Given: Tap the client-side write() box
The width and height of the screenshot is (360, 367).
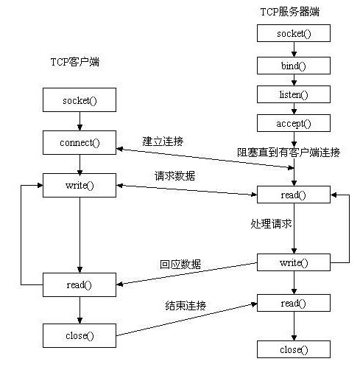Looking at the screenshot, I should point(80,185).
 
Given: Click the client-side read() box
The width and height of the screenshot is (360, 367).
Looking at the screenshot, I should point(80,284).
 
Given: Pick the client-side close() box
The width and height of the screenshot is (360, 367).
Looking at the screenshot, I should point(80,335).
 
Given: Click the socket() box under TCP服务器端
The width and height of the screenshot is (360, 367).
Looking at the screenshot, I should point(294,33).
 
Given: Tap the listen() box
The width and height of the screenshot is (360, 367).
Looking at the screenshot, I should point(294,94).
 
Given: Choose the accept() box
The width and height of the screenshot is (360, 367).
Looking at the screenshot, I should point(294,123).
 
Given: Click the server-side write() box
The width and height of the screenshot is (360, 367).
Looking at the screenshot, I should point(294,262).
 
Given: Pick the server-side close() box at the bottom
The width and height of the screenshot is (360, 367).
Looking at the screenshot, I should point(294,349).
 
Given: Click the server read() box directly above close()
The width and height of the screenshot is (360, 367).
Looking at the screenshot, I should point(294,302).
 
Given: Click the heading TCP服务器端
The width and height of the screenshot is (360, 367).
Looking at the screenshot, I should point(290,12).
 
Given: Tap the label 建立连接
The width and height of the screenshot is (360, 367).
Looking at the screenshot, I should point(163,140).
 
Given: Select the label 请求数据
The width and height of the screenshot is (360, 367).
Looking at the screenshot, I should point(174,176).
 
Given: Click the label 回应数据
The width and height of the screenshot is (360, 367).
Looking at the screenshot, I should point(180,264).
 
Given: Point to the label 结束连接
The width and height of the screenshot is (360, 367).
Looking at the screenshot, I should point(186,305).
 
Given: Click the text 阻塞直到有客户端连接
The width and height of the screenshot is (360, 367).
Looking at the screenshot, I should point(289,153).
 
